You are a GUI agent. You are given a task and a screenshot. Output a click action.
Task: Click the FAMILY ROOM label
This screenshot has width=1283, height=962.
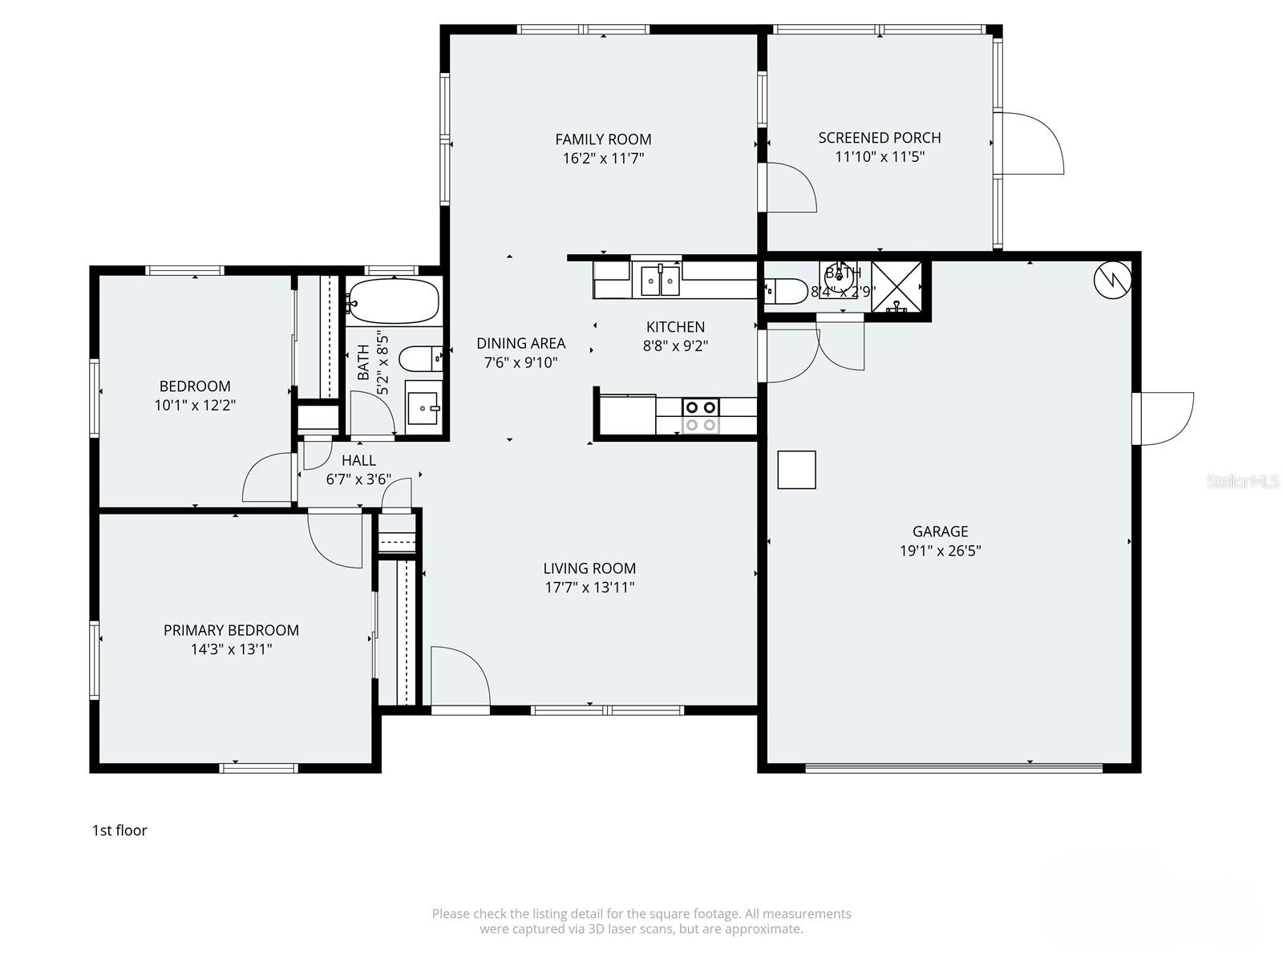603,139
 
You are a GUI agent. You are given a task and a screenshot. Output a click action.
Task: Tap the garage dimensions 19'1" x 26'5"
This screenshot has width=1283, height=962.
940,551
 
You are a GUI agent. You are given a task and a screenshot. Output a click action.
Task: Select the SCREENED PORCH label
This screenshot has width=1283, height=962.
880,138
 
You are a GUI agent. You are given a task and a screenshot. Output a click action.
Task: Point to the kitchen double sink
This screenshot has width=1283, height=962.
660,281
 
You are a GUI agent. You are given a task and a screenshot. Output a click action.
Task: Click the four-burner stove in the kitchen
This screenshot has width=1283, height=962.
700,416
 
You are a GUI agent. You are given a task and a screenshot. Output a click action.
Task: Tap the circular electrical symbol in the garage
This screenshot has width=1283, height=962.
1113,279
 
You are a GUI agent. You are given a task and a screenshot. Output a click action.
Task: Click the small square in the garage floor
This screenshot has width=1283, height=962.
796,470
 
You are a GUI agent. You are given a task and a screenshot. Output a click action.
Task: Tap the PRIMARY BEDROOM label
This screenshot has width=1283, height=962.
231,630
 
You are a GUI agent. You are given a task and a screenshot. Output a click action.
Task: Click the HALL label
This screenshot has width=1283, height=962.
358,460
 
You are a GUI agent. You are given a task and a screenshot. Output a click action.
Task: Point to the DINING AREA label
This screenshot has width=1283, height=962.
520,343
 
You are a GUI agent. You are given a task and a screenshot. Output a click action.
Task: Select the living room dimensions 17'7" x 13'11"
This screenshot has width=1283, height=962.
589,588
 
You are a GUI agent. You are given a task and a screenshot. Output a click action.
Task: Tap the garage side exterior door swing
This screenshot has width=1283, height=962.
1164,418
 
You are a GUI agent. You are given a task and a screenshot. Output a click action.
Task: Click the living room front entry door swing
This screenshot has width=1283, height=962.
459,677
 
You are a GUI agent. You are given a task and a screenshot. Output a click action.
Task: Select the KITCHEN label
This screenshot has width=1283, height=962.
675,327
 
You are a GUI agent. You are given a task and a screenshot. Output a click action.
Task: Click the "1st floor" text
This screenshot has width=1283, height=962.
119,831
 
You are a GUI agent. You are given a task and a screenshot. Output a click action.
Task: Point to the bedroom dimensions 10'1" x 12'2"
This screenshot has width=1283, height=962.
195,406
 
